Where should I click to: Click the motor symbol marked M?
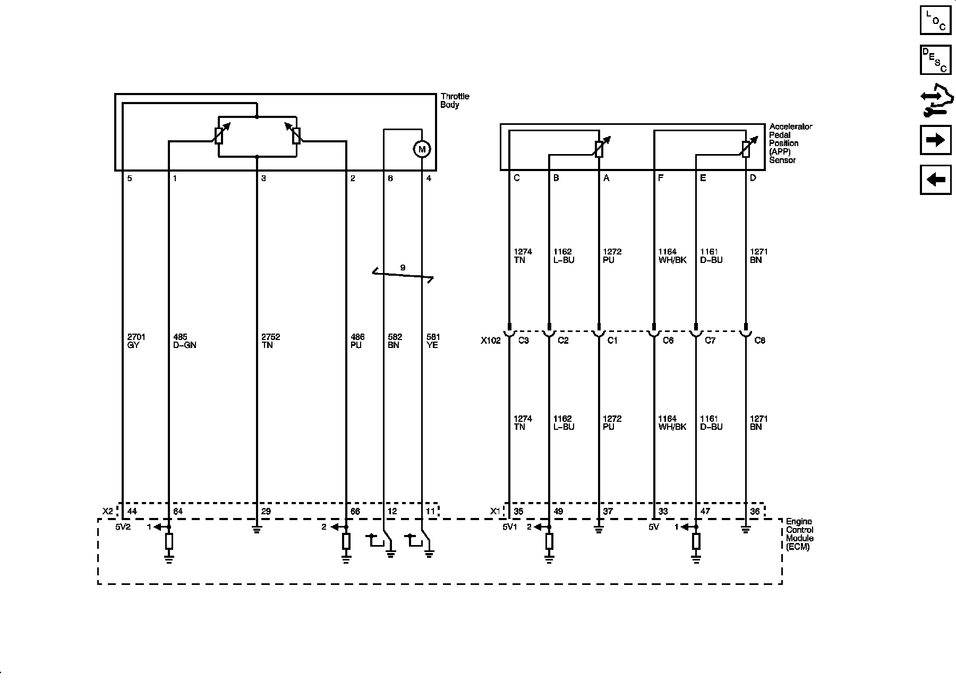click(422, 150)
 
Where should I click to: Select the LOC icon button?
click(935, 20)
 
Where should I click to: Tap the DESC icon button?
click(935, 59)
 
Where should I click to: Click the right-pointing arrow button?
click(935, 140)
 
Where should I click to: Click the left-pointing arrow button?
click(935, 180)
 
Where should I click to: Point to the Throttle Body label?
click(455, 100)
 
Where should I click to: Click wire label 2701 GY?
click(136, 341)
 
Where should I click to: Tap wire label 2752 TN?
click(270, 341)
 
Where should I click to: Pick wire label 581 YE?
click(433, 341)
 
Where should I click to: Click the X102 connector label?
click(490, 341)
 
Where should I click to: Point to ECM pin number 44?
click(132, 512)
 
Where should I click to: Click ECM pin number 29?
click(266, 512)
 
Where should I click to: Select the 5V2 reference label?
click(123, 528)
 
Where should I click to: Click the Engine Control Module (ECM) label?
click(799, 534)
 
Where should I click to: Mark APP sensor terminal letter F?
click(661, 178)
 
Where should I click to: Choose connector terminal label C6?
click(668, 341)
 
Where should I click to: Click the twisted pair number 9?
click(403, 268)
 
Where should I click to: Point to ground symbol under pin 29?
click(257, 530)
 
